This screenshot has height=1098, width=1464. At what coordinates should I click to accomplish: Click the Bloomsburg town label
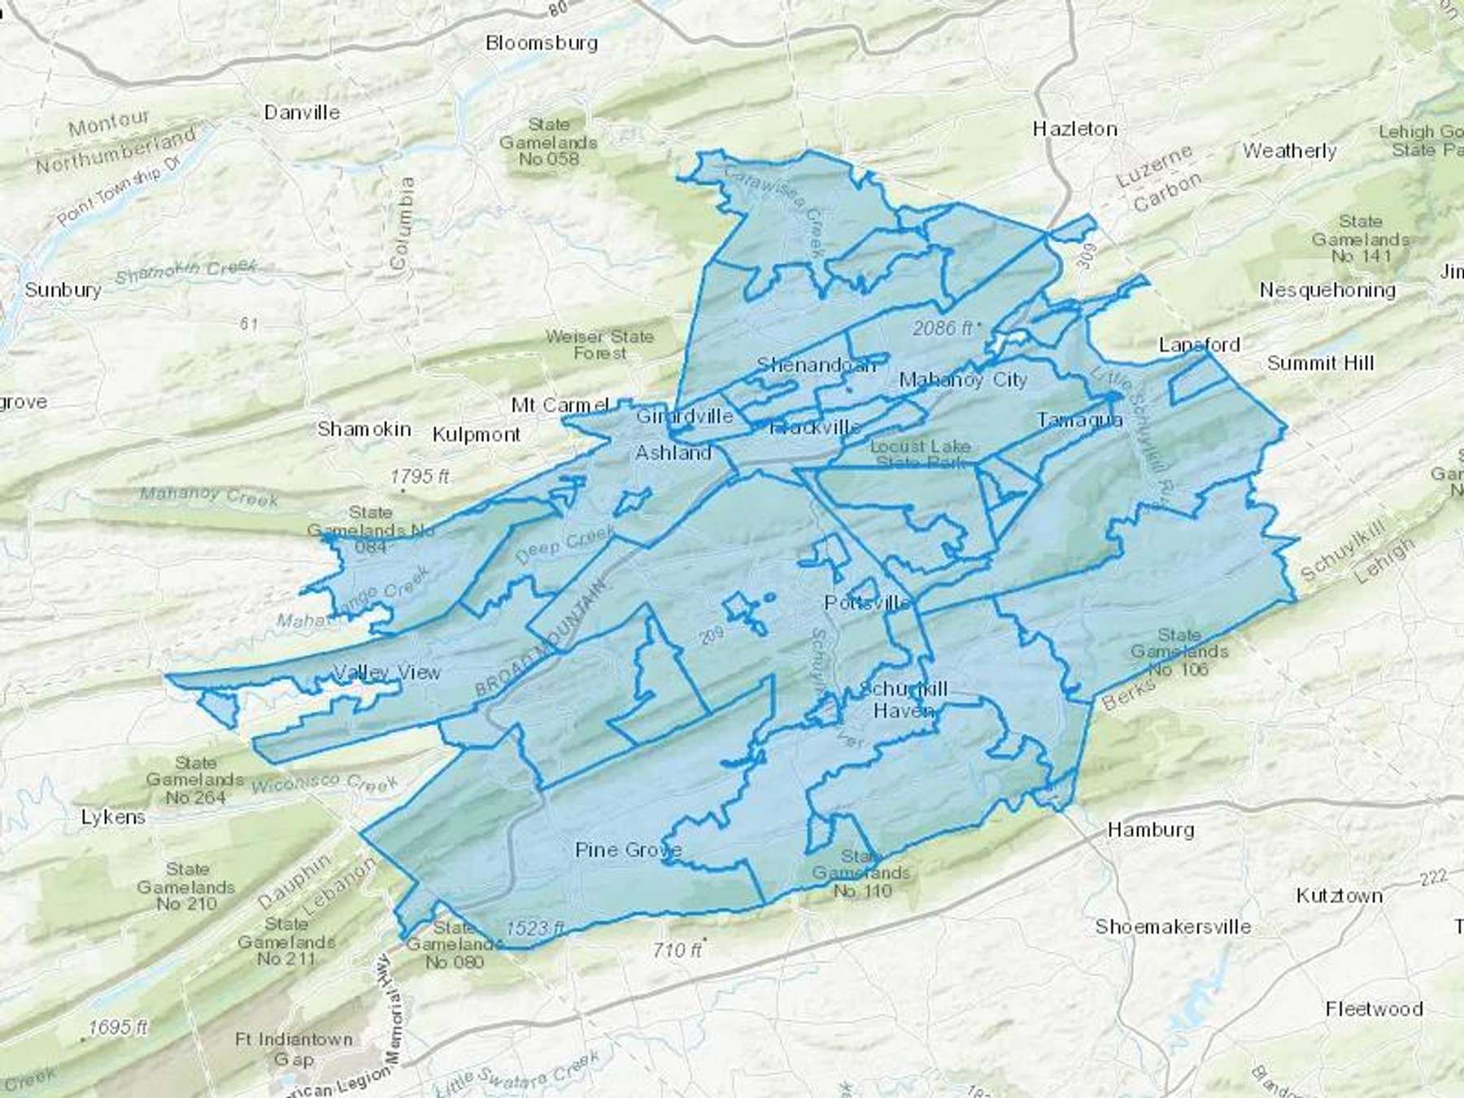[x=541, y=43]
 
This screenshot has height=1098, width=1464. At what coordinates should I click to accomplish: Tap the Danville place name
[x=302, y=112]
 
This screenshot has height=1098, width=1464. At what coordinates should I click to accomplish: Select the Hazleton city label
[x=1074, y=129]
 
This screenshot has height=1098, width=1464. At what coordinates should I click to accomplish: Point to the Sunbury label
[x=63, y=290]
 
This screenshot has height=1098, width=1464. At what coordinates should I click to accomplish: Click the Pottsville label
[x=867, y=603]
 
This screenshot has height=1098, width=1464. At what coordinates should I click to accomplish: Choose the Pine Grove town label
[x=627, y=850]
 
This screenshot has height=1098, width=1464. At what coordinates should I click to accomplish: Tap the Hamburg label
[x=1150, y=830]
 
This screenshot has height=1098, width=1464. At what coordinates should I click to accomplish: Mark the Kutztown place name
[x=1339, y=895]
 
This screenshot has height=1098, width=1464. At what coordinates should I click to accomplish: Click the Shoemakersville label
[x=1172, y=926]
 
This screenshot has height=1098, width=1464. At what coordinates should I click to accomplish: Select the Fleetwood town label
[x=1374, y=1009]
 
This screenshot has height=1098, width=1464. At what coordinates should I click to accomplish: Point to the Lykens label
[x=113, y=817]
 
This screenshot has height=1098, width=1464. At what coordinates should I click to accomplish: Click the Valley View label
[x=387, y=673]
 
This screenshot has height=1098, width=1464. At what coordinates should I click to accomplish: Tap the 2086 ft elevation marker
[x=943, y=328]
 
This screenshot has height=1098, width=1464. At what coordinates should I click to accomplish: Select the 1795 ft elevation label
[x=420, y=476]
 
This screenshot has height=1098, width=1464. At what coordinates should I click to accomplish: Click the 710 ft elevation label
[x=677, y=949]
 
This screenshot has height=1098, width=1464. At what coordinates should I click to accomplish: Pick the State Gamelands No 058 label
[x=549, y=142]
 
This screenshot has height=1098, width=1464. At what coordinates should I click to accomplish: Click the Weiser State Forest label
[x=599, y=344]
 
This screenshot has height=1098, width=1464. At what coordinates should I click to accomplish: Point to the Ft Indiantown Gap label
[x=294, y=1049]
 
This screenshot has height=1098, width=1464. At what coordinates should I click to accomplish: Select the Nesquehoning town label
[x=1327, y=290]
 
